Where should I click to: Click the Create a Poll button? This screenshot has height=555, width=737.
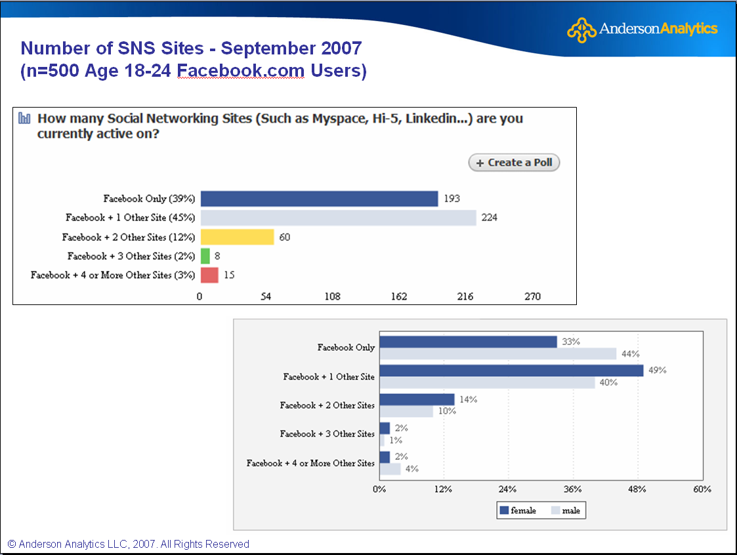tap(514, 163)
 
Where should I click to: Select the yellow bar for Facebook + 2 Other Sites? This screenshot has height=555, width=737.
tap(237, 237)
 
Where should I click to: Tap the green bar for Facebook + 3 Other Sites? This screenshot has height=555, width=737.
tap(205, 256)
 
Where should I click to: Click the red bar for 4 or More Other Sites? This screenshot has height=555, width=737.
tap(209, 275)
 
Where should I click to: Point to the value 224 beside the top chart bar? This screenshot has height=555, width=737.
tap(489, 218)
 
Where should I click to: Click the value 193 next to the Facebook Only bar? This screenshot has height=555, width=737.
tap(452, 199)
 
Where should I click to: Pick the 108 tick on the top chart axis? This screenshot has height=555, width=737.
tap(332, 297)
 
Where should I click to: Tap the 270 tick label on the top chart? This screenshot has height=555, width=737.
tap(532, 297)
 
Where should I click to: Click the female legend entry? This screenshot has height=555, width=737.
tap(518, 510)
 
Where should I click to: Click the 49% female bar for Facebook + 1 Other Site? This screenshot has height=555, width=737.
tap(511, 371)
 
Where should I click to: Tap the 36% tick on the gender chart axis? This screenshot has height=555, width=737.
tap(573, 489)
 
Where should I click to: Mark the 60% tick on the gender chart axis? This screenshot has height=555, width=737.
tap(702, 489)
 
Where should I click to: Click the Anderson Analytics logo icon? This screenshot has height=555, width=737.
tap(581, 30)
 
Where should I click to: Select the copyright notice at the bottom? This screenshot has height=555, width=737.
tap(129, 544)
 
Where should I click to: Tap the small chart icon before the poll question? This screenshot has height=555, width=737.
tap(25, 119)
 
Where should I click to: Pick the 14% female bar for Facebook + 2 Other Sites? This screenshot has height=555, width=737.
tap(417, 400)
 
